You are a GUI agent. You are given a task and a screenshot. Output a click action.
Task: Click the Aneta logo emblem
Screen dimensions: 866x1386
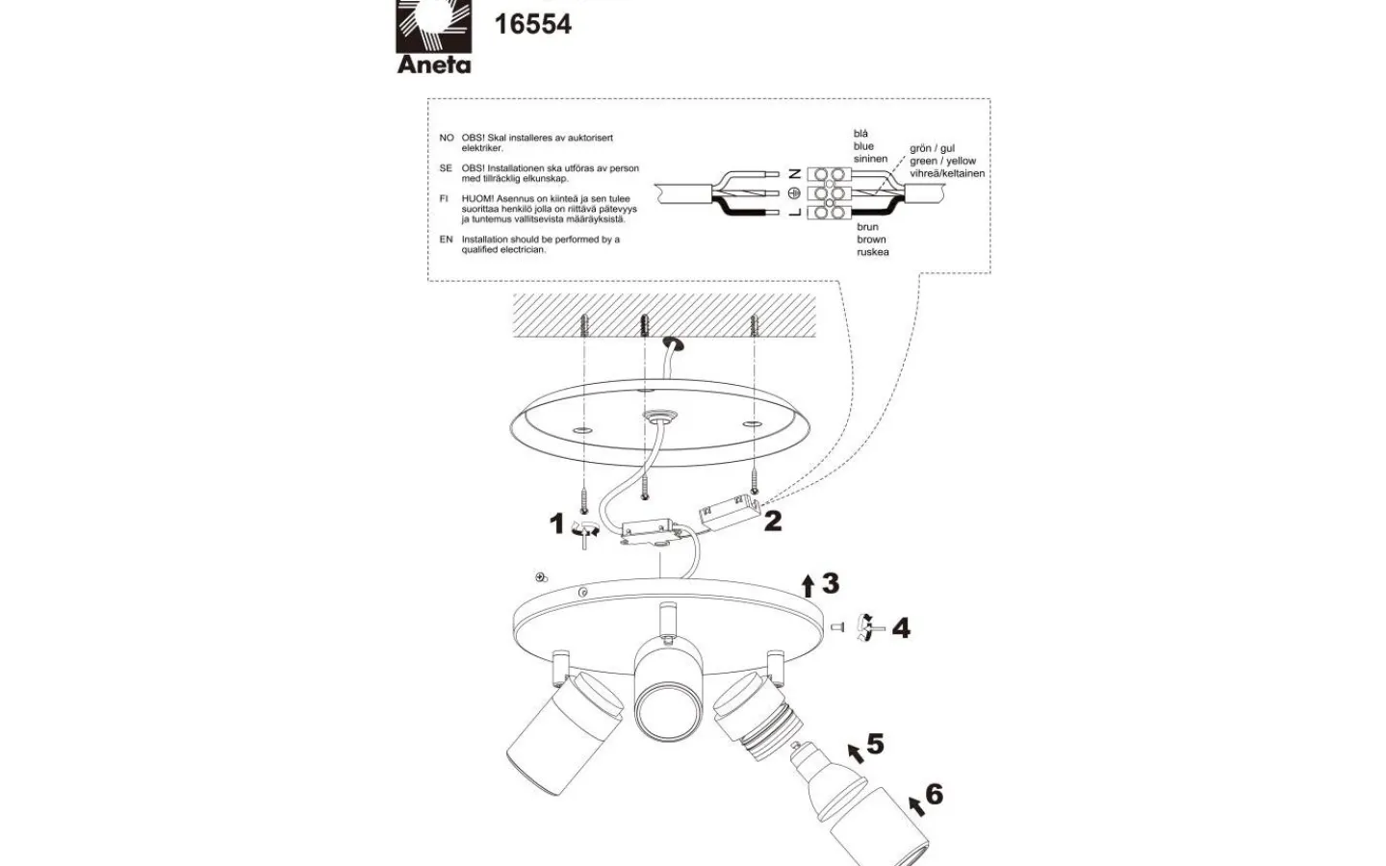[433, 26]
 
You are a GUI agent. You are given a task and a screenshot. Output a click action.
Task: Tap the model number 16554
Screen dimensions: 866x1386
[532, 24]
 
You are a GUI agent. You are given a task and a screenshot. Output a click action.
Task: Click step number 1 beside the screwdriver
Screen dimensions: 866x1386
[556, 523]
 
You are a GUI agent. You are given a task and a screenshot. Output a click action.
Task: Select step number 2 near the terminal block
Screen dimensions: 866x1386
[773, 522]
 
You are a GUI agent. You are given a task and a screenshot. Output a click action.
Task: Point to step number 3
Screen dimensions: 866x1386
[831, 583]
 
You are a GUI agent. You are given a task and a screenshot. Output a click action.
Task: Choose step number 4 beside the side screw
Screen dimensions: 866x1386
[901, 628]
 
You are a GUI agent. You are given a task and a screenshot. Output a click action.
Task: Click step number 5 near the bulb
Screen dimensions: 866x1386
[874, 744]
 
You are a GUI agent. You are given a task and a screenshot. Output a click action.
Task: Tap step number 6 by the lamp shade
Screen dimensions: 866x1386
[934, 795]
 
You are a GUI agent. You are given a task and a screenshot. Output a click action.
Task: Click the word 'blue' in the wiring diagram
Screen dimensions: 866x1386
[863, 146]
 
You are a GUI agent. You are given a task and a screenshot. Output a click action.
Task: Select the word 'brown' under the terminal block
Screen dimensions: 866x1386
[871, 240]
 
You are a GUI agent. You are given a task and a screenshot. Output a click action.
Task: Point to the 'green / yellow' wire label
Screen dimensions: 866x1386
[943, 162]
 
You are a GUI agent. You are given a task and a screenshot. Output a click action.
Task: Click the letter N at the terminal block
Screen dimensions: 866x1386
[794, 174]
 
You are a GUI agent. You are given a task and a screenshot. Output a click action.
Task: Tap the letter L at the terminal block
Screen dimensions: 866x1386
[794, 211]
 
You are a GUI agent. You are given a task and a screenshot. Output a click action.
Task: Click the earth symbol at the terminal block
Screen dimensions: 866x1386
[794, 192]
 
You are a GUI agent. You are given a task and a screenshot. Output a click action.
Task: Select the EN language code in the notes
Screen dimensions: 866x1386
[446, 240]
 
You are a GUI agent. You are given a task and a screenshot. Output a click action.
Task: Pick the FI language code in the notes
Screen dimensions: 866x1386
[444, 199]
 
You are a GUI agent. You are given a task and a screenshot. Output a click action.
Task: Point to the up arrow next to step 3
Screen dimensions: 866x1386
[808, 585]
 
